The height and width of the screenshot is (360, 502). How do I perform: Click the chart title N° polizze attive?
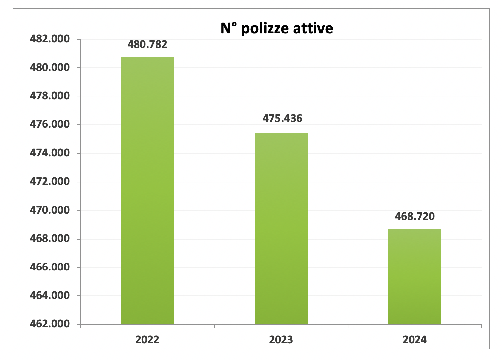point(277,28)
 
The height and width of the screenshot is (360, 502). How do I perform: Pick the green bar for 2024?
point(415,276)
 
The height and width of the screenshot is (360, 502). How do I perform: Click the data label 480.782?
point(147,44)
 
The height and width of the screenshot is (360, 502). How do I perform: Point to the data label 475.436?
point(282,118)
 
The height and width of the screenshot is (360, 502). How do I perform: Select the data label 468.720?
point(415,216)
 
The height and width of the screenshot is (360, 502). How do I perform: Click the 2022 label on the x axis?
point(147,340)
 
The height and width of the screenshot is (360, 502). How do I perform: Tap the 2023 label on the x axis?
point(281,340)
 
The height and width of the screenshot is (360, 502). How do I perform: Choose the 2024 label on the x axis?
point(415,340)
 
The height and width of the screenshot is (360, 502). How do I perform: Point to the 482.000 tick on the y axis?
point(50,39)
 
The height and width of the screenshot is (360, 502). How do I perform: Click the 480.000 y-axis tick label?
point(50,68)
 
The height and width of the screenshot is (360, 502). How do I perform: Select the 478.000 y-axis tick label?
point(50,96)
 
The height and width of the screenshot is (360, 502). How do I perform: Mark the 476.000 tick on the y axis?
point(50,124)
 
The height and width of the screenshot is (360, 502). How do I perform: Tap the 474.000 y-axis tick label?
point(50,153)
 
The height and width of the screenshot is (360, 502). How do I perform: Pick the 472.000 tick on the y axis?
point(50,182)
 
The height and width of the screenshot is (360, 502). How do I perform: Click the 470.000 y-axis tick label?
point(50,210)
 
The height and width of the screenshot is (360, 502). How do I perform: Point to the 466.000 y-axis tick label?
point(50,267)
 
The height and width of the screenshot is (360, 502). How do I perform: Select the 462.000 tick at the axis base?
point(50,324)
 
